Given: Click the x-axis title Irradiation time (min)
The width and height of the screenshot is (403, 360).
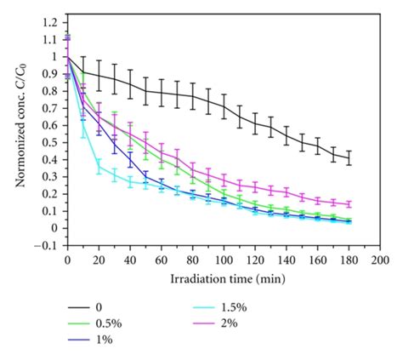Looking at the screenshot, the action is (228, 279).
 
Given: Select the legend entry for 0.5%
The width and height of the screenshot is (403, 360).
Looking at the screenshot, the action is (94, 323).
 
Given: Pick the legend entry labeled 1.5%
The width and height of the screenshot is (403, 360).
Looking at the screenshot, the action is (220, 307).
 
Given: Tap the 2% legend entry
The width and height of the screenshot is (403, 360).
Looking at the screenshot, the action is (215, 323).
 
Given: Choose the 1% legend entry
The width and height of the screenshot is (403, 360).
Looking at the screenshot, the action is (90, 340).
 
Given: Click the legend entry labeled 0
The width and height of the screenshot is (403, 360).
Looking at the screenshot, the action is (85, 307).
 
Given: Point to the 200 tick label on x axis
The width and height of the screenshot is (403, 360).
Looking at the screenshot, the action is (380, 260).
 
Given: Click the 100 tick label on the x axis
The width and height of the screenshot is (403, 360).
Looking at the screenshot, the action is (224, 260).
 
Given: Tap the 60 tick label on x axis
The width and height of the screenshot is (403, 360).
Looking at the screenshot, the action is (162, 260).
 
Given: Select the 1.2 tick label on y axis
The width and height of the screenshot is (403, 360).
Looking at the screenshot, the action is (50, 22).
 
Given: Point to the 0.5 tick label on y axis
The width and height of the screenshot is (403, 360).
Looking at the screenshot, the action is (50, 143).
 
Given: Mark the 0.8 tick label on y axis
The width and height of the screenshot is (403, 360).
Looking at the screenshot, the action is (50, 91).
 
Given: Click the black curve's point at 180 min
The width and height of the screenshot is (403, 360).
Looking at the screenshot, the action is (349, 158).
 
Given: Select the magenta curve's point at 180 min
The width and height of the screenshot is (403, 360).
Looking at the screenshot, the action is (349, 204).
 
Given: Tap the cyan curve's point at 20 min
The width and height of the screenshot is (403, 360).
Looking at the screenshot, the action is (99, 167).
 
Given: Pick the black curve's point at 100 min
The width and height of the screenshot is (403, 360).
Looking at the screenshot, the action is (224, 106).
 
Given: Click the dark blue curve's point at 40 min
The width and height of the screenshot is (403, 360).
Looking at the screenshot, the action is (130, 160).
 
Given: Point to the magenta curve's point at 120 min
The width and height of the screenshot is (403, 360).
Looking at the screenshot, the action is (255, 187).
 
